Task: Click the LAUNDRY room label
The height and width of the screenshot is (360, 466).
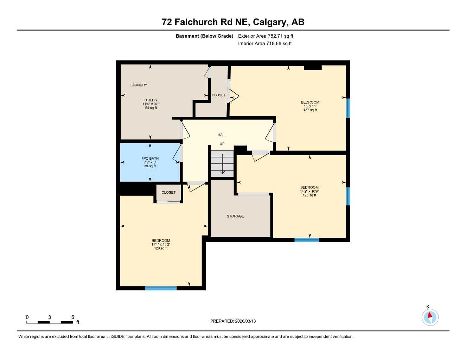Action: pyautogui.click(x=139, y=85)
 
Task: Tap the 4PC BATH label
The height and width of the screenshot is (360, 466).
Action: pyautogui.click(x=150, y=159)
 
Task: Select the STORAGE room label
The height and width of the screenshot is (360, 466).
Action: pyautogui.click(x=235, y=216)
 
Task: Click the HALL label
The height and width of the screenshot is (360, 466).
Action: pyautogui.click(x=222, y=135)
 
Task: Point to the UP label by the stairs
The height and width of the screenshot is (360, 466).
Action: pyautogui.click(x=222, y=144)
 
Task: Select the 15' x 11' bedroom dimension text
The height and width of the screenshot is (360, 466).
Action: pyautogui.click(x=310, y=106)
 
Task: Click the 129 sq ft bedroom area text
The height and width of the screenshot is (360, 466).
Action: pyautogui.click(x=161, y=248)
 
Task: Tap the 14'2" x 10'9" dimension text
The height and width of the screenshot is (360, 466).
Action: pyautogui.click(x=309, y=191)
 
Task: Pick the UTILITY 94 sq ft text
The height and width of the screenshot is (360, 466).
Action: pyautogui.click(x=151, y=108)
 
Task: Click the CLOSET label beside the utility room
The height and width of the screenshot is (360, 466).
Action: pyautogui.click(x=218, y=95)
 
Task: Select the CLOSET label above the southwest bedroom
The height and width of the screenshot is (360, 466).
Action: pyautogui.click(x=168, y=193)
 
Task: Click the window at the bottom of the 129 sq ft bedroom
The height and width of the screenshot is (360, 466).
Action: pyautogui.click(x=161, y=288)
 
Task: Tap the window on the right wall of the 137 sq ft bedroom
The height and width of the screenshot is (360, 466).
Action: pyautogui.click(x=348, y=108)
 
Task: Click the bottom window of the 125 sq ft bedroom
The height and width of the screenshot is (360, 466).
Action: pyautogui.click(x=307, y=240)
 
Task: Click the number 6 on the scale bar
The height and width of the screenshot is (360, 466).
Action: pyautogui.click(x=73, y=317)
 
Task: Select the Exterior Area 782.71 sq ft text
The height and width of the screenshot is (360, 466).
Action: pyautogui.click(x=266, y=36)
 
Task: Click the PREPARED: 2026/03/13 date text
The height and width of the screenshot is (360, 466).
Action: pyautogui.click(x=233, y=321)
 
